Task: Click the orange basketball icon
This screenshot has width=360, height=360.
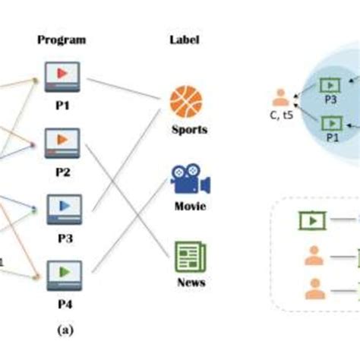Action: (186, 100)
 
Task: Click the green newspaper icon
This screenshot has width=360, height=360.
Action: (188, 257)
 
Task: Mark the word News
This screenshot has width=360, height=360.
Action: (189, 283)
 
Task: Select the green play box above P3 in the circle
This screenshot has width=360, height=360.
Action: (331, 85)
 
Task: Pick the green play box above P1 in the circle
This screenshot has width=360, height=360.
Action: (331, 122)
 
